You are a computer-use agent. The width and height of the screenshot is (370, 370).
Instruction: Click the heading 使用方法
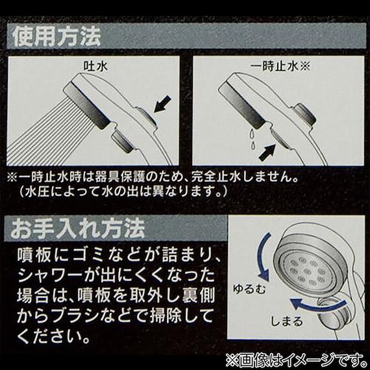click(57, 37)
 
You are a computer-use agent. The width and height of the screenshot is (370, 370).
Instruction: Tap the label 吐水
click(95, 67)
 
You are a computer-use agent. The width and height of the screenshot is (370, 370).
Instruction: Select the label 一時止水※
click(280, 67)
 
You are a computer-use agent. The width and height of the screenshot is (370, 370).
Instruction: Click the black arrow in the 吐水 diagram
click(162, 104)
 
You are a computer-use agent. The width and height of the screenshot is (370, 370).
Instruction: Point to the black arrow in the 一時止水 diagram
click(267, 153)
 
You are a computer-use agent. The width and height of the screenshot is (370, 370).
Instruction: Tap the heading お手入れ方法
click(77, 228)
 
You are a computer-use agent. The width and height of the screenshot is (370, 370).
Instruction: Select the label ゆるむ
click(249, 289)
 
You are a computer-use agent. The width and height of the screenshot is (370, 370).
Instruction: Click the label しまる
click(287, 321)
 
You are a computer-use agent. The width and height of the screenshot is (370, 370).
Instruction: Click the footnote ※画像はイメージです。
click(295, 360)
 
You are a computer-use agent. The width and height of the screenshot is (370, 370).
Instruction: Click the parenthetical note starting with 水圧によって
click(123, 191)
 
